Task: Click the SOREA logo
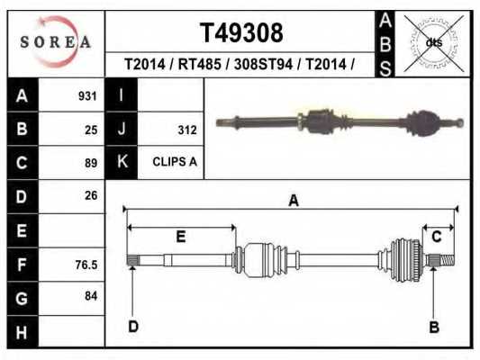point(56,42)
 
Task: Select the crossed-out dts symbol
point(433,42)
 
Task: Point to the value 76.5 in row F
point(86,265)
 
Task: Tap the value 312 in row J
point(187,130)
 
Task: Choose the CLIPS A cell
point(175,163)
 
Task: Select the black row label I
point(121,96)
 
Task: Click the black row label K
point(121,163)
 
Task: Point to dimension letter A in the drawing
point(293,202)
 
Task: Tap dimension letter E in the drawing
point(180,237)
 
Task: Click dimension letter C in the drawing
point(437,237)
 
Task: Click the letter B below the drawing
point(433,327)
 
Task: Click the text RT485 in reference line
point(200,65)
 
